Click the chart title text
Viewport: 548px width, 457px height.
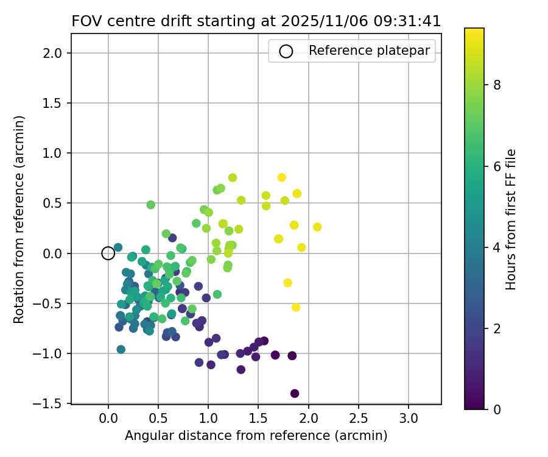256,21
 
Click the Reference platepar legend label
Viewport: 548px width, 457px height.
369,51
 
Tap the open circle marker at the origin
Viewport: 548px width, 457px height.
108,253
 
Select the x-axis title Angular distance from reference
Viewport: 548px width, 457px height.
256,436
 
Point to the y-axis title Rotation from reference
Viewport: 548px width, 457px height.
19,219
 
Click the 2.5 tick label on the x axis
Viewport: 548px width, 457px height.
358,419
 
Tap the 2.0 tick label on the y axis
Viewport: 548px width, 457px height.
53,53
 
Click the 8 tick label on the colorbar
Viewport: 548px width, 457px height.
497,85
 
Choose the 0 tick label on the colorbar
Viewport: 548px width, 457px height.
497,409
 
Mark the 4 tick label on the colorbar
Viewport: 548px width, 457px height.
497,247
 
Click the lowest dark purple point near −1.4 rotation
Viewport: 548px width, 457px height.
295,394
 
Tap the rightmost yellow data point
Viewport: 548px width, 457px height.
317,227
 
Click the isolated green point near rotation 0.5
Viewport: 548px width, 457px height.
151,205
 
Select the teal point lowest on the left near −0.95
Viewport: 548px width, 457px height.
121,350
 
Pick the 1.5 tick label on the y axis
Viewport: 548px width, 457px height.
53,103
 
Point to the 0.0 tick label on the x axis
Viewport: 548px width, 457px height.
108,419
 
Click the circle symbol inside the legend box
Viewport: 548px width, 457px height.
286,51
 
